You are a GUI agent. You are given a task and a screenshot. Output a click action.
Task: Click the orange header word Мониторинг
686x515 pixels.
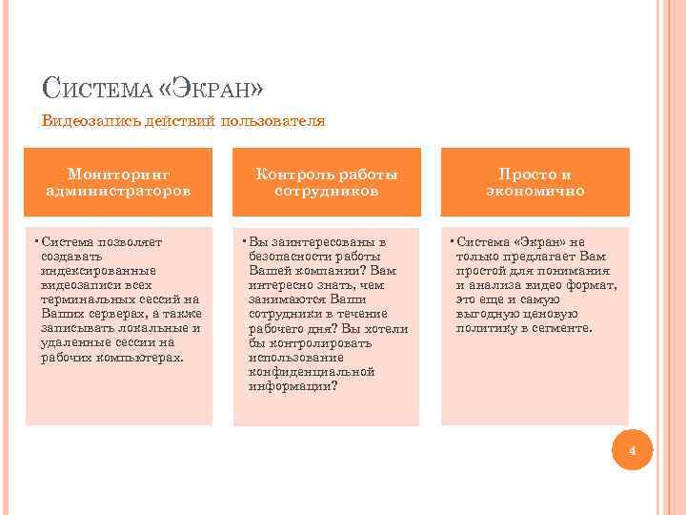click(119, 175)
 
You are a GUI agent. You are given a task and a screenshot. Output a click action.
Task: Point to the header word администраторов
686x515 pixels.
click(119, 190)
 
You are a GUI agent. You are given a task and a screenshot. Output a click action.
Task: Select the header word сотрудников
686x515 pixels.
click(326, 190)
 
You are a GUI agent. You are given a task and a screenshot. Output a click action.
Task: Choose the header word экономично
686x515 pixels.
click(535, 190)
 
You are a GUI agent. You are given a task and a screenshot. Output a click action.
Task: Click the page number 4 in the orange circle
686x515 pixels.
click(630, 448)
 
